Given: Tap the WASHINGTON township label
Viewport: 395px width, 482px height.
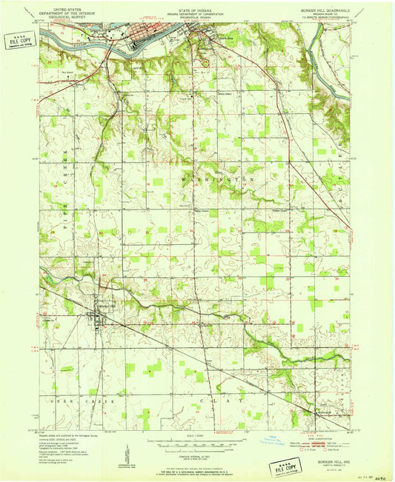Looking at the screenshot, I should pos(219,179).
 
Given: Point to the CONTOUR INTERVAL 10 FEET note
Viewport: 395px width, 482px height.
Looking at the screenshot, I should pos(197,453).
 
